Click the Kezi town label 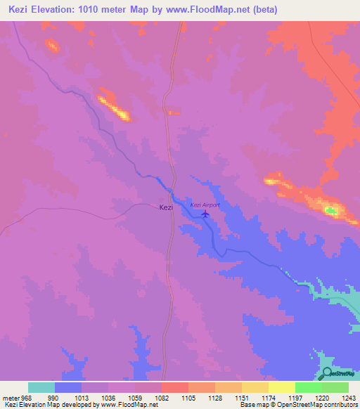click(166, 207)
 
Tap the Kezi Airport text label click(205, 204)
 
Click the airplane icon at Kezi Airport click(205, 214)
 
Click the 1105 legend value click(188, 397)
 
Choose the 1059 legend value click(135, 397)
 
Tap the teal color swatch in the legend click(41, 387)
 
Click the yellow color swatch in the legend click(281, 387)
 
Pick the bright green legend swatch click(308, 387)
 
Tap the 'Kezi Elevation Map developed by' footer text click(51, 405)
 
